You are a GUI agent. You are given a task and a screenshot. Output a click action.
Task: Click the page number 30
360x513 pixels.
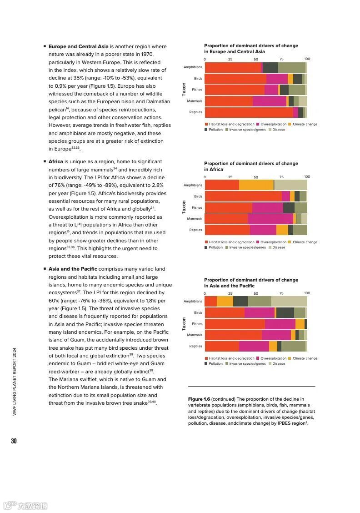14,441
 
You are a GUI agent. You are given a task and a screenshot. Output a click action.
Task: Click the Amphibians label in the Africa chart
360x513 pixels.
193,185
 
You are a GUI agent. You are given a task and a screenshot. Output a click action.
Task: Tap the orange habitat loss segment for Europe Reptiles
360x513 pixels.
249,112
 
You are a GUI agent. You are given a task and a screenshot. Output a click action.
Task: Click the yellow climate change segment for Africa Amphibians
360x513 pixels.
256,185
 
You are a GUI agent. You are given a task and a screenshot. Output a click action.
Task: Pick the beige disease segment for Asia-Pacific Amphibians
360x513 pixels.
289,301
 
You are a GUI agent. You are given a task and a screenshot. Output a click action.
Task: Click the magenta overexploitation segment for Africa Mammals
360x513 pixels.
270,219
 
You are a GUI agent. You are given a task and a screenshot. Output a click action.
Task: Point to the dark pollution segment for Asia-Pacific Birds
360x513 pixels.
285,312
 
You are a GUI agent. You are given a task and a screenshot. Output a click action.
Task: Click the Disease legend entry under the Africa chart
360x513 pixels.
278,247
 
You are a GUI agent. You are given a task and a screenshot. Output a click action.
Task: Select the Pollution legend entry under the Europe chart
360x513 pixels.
215,130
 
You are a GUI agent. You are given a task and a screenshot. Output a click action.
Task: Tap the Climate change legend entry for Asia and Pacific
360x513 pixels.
305,358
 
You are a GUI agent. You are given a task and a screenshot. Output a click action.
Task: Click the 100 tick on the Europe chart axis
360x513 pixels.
307,59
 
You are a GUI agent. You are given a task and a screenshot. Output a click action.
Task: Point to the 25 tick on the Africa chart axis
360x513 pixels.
230,177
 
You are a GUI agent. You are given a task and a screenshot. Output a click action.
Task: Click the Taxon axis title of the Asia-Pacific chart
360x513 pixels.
184,324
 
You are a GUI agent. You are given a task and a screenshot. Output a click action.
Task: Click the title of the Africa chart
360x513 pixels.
251,166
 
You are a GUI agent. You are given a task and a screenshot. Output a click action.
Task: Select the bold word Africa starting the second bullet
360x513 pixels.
56,161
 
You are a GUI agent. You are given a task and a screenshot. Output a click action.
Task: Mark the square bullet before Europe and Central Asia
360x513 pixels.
45,46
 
